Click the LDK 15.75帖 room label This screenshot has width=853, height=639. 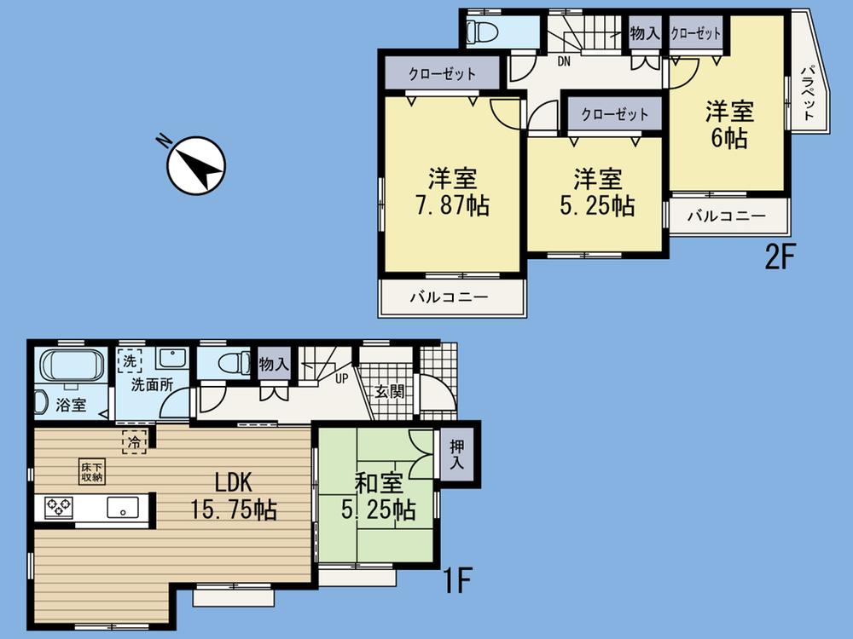coord(233,496)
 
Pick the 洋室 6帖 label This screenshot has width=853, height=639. coord(727,124)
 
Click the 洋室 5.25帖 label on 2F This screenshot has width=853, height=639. coord(596,193)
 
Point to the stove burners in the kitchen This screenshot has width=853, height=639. coord(60,509)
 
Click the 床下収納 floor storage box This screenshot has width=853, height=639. coord(92,472)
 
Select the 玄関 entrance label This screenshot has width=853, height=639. coord(389,393)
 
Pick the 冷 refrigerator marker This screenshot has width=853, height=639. coord(135,441)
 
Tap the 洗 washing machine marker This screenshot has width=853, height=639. coord(130,361)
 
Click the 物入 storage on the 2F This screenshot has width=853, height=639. coord(645,34)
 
